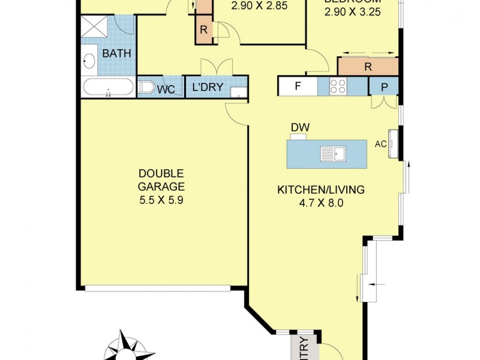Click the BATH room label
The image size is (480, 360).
pyautogui.click(x=116, y=53)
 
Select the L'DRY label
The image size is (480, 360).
pyautogui.click(x=208, y=88)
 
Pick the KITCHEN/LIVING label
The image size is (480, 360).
pyautogui.click(x=320, y=190)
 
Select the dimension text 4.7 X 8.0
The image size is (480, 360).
pyautogui.click(x=320, y=203)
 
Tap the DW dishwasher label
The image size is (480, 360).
pyautogui.click(x=298, y=127)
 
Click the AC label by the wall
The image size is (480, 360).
pyautogui.click(x=380, y=145)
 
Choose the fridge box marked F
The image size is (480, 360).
pyautogui.click(x=297, y=86)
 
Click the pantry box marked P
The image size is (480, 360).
pyautogui.click(x=385, y=86)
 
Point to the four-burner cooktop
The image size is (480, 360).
pyautogui.click(x=338, y=86)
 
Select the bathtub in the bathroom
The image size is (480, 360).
pyautogui.click(x=108, y=88)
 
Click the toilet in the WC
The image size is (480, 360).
pyautogui.click(x=146, y=88)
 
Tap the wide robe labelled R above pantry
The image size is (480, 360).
pyautogui.click(x=368, y=67)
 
